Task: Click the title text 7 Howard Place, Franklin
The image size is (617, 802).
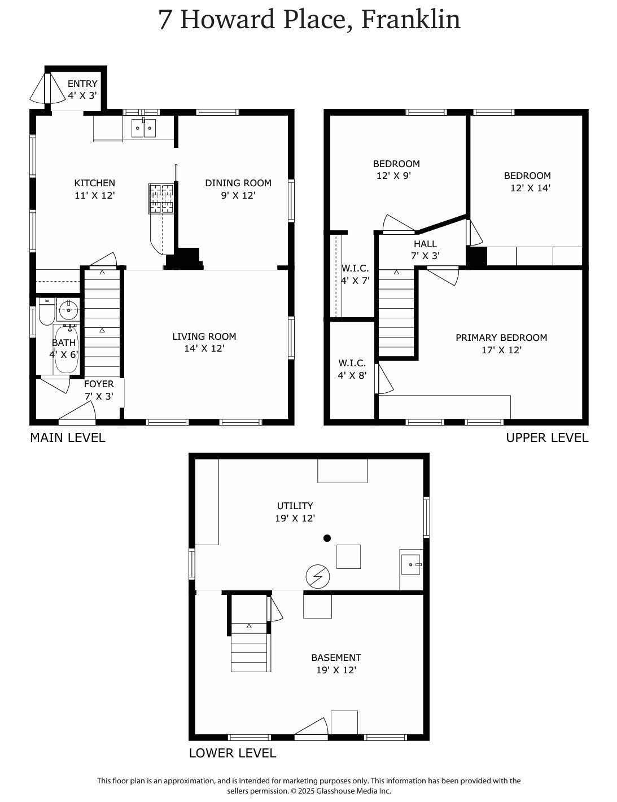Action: pos(309,20)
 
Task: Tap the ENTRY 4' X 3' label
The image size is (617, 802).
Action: pos(82,90)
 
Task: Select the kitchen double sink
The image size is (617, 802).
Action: pos(143,129)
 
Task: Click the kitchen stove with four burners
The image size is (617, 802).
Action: pos(161,199)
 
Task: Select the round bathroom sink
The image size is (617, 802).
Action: pos(69,309)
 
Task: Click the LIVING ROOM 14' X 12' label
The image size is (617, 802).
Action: pos(204,342)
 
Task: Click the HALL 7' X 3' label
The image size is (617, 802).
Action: pos(425,249)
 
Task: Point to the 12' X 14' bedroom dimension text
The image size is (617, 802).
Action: pos(530,188)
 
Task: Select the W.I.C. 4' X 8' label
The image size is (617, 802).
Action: pos(352,369)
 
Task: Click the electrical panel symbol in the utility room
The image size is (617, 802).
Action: pos(317,576)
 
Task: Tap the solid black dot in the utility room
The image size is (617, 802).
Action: pos(327,538)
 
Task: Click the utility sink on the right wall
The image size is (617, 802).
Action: pos(410,563)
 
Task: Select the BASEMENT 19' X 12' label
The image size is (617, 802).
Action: pos(336,664)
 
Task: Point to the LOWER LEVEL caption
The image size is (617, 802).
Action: pos(232,753)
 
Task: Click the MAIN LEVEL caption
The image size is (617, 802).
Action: pos(67,437)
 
